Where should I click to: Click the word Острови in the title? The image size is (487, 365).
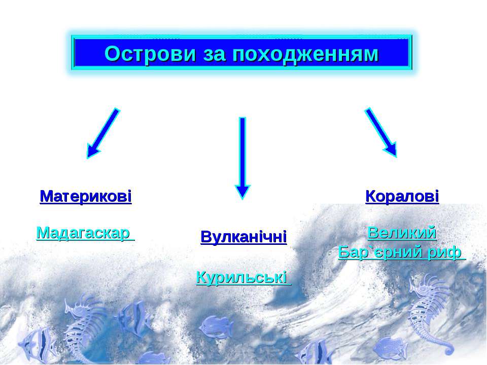(150, 53)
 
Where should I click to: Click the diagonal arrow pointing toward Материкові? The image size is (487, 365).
(103, 133)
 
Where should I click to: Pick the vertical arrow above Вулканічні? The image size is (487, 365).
(242, 158)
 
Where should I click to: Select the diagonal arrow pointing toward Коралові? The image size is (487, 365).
(381, 132)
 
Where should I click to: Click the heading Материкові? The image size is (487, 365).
(86, 197)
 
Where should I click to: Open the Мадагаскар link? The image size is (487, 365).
(85, 233)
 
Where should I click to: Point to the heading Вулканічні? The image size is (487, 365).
(244, 237)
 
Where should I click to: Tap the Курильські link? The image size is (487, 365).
(244, 277)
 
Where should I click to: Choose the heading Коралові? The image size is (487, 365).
(402, 197)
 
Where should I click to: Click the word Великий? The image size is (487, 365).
(402, 233)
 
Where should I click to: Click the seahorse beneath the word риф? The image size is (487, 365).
(430, 313)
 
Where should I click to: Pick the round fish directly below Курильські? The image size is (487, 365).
(216, 327)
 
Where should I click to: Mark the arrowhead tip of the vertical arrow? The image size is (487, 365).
(242, 199)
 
